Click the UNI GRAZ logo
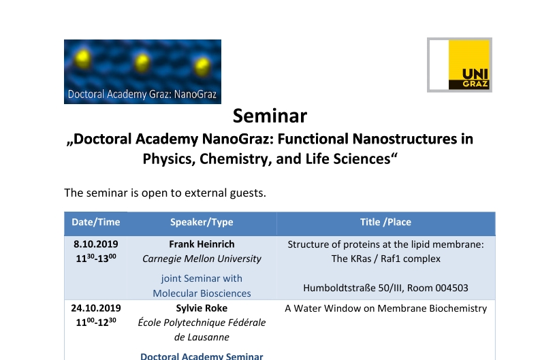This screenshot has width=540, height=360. click(460, 65)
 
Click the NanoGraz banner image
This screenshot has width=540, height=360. click(142, 71)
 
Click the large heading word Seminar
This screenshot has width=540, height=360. click(270, 116)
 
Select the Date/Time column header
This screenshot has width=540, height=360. click(95, 223)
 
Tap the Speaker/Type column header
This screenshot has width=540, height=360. click(202, 223)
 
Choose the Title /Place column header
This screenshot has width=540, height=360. click(385, 223)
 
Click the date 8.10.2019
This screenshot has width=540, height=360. click(96, 244)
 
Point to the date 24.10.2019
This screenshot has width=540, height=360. click(96, 308)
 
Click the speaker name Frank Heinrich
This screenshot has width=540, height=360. click(202, 244)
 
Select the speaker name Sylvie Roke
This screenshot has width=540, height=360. click(202, 308)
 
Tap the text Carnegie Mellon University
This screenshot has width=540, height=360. click(202, 259)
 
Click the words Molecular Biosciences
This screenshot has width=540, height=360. click(202, 293)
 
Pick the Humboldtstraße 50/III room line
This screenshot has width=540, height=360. click(385, 288)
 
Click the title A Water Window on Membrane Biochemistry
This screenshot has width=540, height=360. click(385, 308)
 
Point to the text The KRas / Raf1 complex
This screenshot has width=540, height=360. click(385, 259)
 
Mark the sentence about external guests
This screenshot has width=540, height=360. click(165, 193)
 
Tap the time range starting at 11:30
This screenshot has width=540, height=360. click(96, 258)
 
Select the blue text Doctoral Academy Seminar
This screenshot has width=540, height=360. click(202, 355)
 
